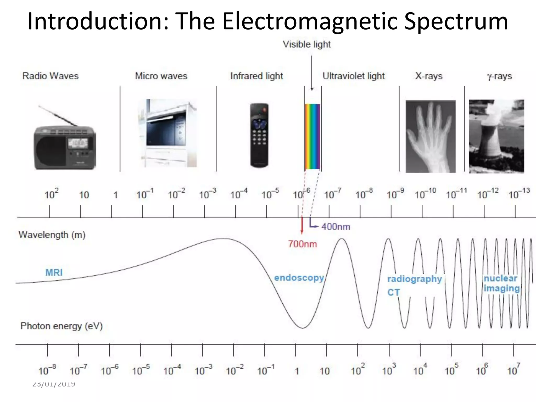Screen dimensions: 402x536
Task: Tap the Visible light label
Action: tap(306, 44)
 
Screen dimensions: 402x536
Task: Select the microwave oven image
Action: tap(168, 133)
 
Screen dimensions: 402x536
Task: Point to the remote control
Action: tap(259, 135)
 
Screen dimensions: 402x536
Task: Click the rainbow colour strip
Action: tap(312, 136)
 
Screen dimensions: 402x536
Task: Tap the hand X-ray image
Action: tap(431, 136)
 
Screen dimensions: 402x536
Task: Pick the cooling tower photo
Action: tap(496, 136)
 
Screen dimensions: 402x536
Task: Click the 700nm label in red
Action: tap(303, 244)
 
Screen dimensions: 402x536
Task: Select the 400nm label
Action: tap(336, 227)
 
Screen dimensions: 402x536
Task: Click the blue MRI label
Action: tap(54, 272)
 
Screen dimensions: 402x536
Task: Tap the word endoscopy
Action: tap(299, 278)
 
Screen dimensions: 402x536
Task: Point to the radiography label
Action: tap(414, 279)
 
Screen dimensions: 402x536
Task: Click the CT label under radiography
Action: tap(393, 292)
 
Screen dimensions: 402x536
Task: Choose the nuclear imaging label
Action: tap(501, 283)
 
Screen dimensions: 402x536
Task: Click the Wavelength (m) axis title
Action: tap(52, 235)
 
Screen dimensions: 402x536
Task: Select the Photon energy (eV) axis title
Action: tap(62, 326)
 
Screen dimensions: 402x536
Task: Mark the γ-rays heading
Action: tap(499, 76)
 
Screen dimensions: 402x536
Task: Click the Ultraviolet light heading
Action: tap(353, 76)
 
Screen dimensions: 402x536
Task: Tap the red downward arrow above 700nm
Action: tap(302, 225)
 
